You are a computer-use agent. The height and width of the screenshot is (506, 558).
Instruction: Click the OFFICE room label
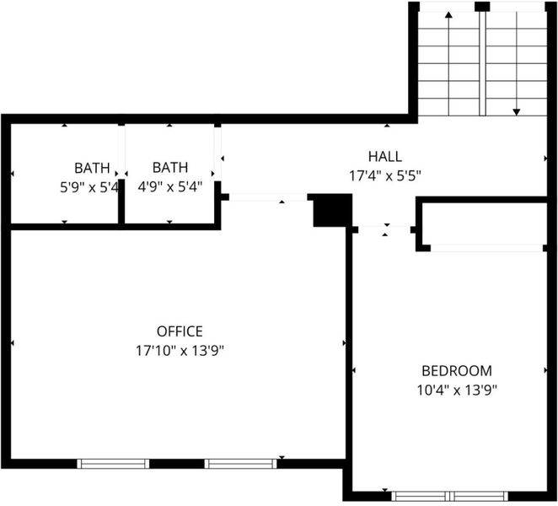(180, 331)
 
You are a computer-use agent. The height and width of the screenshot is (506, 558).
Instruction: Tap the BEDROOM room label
(457, 371)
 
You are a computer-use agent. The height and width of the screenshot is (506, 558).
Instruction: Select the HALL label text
(385, 157)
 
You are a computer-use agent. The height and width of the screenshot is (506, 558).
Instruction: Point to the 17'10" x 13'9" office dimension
(180, 351)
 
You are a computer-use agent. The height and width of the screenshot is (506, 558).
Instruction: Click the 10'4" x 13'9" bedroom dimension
(457, 390)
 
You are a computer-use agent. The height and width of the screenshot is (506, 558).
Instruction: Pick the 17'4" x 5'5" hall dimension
(385, 176)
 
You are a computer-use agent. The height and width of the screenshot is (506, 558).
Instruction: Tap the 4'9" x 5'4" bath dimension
(170, 186)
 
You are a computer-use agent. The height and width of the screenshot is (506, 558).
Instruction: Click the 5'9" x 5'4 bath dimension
(89, 187)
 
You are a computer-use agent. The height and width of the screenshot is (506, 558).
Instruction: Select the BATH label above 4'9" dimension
(170, 167)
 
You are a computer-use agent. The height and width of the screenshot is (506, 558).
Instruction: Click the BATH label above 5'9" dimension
(92, 168)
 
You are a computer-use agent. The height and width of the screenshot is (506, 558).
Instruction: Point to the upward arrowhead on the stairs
(448, 14)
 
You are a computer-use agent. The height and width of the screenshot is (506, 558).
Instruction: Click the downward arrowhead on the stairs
(517, 112)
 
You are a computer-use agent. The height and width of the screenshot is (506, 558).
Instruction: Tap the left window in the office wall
(113, 464)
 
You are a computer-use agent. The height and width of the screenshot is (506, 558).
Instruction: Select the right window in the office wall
(240, 464)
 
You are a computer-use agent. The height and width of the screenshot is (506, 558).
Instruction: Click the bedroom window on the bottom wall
(450, 496)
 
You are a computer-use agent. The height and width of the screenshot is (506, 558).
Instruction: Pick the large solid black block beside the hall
(332, 211)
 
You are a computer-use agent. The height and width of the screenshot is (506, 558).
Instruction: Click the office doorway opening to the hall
(268, 197)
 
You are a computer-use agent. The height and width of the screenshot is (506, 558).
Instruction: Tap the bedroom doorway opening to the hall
(384, 229)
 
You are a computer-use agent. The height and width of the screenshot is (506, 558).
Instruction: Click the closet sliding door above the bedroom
(487, 248)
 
